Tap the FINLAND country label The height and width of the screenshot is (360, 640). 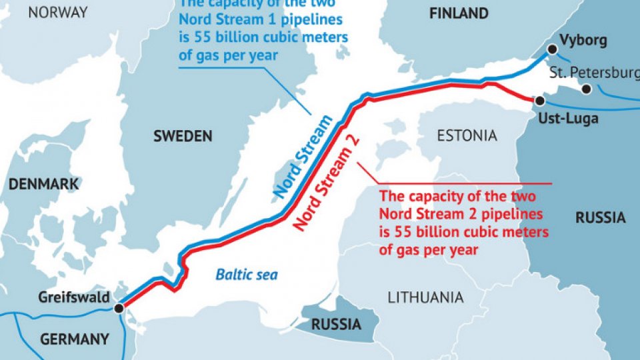coord(458,13)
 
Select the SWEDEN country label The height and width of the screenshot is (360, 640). coord(183,136)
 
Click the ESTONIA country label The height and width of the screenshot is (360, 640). coord(467,136)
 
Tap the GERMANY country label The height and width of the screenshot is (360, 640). coord(75,339)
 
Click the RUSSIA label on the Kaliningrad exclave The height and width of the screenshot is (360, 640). coord(337,325)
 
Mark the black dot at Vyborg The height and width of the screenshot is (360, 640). coord(552,49)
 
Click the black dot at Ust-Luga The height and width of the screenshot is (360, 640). coord(539,101)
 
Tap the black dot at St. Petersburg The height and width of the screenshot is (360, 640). coord(586,89)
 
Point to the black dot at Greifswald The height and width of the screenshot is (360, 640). coord(119,308)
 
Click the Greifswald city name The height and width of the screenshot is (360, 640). coord(74,297)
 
